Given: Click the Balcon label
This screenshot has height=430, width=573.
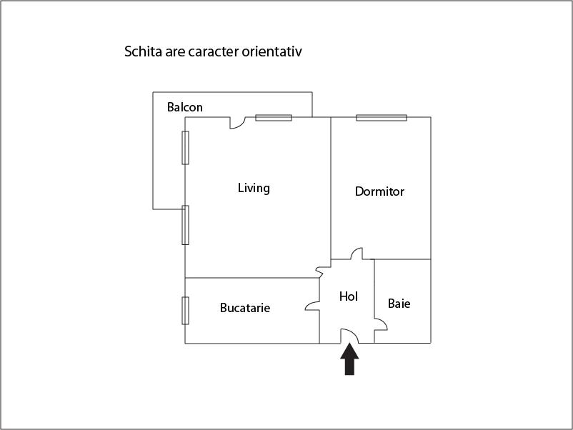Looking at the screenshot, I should point(185,108).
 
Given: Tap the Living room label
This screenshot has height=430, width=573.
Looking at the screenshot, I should point(254,188).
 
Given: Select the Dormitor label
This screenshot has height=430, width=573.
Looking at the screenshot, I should point(379,191).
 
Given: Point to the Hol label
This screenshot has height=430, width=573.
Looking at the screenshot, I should point(348,296).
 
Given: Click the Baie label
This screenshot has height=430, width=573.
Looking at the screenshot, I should point(399,304).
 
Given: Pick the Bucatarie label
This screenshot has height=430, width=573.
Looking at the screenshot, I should point(245,308).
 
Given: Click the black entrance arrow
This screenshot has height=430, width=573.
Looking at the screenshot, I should point(349,359).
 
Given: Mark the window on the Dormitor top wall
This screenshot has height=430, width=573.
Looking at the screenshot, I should point(382,118).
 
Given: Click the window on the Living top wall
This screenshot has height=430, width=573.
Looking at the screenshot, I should point(274,118).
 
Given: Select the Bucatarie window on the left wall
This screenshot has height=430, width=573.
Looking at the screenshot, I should point(185,310).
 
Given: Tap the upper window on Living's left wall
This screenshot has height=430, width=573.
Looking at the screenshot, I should point(185,148).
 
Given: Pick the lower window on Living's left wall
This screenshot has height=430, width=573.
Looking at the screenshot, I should point(185,225).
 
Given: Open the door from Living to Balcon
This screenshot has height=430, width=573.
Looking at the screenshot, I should point(236,123).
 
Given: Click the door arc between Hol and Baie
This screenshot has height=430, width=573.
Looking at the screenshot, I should point(381,324).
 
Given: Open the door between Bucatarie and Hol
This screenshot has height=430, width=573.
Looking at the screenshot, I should point(312,304).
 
